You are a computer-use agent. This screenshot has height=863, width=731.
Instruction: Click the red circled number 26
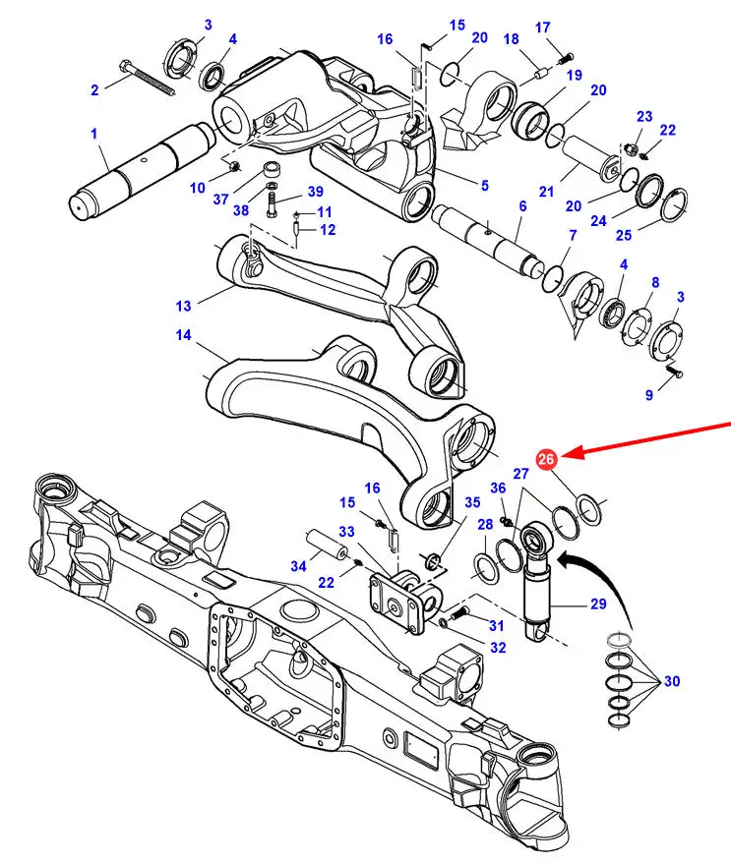click(546, 458)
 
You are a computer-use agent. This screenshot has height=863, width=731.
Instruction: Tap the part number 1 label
click(93, 134)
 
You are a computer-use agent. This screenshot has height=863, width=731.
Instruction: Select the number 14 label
click(183, 334)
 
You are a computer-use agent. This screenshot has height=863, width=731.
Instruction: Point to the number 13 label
click(183, 306)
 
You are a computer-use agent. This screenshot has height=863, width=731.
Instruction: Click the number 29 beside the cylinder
click(598, 604)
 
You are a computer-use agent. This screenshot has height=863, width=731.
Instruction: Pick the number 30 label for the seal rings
click(672, 681)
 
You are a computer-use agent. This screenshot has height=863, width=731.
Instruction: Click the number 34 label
click(298, 566)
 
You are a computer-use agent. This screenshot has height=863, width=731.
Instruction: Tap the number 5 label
click(484, 186)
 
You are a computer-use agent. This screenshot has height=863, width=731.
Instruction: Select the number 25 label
click(624, 235)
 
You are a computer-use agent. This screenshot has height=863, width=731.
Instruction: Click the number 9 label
click(649, 394)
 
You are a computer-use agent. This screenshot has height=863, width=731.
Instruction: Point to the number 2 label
click(94, 89)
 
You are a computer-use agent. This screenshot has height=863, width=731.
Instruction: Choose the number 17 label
click(543, 27)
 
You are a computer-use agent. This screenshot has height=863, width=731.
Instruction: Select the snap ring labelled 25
click(674, 204)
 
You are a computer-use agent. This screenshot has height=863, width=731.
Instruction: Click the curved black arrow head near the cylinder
click(563, 561)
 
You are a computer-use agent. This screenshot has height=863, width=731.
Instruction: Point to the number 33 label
click(346, 532)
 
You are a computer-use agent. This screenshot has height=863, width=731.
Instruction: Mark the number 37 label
click(220, 199)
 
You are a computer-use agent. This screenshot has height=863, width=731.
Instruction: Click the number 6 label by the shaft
click(522, 205)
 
